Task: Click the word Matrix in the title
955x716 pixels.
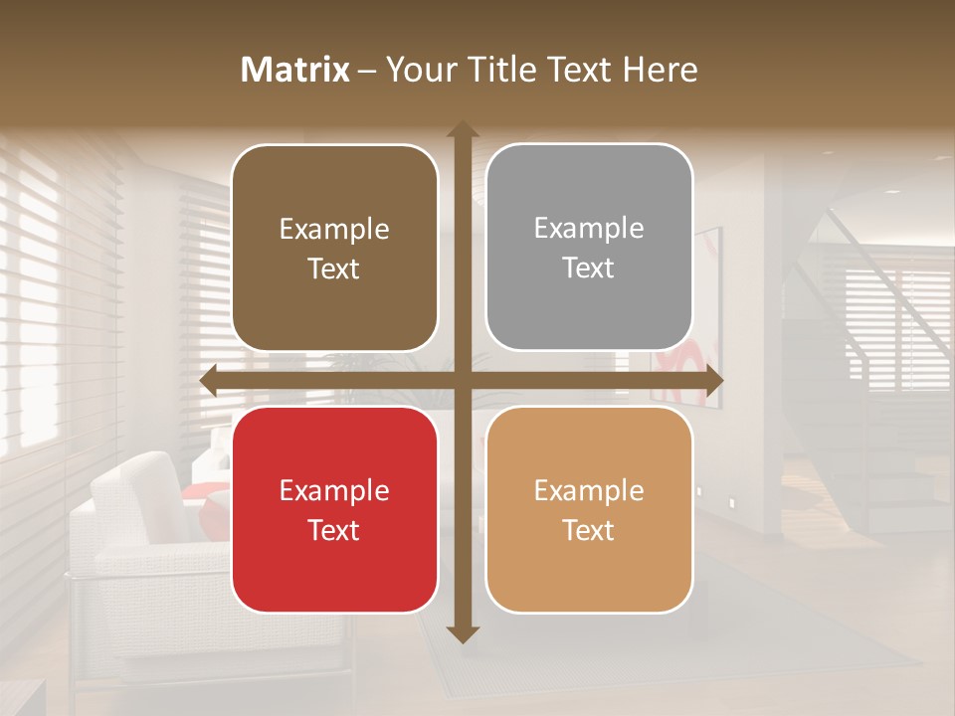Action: [295, 70]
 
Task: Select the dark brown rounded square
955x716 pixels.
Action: [334, 248]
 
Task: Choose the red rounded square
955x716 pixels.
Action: [334, 509]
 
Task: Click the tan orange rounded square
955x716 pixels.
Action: [589, 509]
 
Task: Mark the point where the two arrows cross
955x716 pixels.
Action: [462, 380]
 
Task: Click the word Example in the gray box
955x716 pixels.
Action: [589, 229]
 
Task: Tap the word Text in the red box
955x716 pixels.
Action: [334, 530]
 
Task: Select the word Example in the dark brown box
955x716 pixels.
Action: [334, 230]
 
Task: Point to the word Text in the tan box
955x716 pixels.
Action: [589, 530]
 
